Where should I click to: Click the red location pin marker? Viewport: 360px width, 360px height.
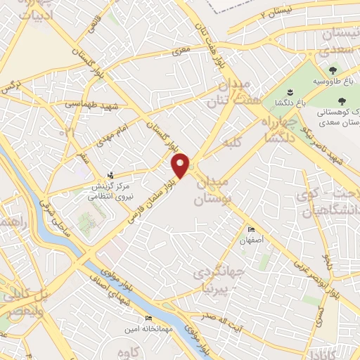click(181, 165)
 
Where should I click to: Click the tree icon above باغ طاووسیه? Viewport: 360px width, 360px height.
click(332, 70)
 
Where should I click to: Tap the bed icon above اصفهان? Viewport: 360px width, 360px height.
click(252, 230)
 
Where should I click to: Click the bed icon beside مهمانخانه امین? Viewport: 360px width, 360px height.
click(148, 319)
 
